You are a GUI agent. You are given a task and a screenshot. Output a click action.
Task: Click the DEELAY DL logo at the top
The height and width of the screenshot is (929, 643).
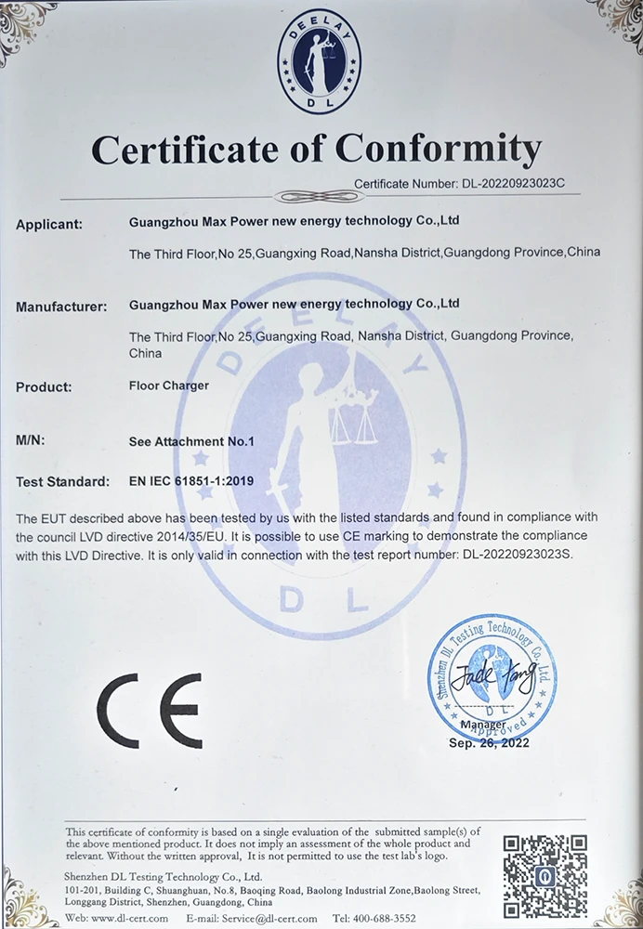[x=320, y=61]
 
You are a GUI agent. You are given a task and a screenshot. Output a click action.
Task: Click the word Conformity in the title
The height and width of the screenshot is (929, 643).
[x=438, y=149]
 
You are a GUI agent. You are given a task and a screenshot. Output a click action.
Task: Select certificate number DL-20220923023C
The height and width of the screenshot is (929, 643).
[x=513, y=184]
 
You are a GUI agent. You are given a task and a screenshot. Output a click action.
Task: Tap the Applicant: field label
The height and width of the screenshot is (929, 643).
[x=49, y=224]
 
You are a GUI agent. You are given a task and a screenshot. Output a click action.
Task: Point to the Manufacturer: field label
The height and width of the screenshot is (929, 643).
[x=62, y=305]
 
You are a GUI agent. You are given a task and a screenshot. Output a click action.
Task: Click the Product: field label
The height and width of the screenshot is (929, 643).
[x=44, y=386]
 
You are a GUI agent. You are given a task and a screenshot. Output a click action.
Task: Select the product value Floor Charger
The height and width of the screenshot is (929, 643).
[x=169, y=385]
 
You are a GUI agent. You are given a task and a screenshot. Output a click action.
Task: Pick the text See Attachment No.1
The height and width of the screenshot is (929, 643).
[x=191, y=442]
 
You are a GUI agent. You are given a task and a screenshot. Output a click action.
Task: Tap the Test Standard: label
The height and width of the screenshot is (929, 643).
[x=62, y=482]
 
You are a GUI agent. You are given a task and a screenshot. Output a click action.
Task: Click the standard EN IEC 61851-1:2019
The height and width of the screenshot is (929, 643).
[x=191, y=482]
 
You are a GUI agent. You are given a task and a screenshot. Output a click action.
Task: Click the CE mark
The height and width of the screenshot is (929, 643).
[x=149, y=711]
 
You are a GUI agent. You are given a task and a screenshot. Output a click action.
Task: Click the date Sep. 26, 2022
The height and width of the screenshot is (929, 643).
[x=489, y=743]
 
